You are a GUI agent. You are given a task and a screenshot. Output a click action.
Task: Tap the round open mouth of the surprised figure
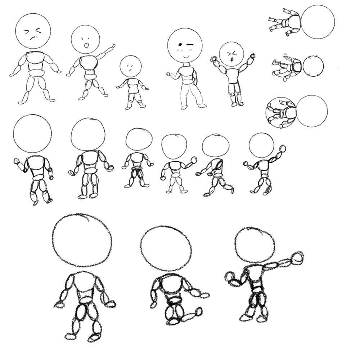(x=86, y=45)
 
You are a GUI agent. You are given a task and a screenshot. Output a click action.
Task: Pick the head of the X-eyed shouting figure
(x=231, y=54)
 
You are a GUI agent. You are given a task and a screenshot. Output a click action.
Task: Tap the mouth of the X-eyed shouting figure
(x=232, y=59)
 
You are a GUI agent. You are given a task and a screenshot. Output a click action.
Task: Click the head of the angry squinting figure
(x=33, y=31)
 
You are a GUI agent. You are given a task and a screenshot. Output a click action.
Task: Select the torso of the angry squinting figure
(x=36, y=61)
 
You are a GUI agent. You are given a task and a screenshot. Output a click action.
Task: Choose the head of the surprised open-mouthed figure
(x=85, y=39)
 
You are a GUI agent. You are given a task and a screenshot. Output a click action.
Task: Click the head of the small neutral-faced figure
(x=130, y=66)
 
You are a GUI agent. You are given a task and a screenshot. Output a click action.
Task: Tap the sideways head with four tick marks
(x=313, y=66)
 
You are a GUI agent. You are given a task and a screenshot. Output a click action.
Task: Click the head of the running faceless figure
(x=216, y=145)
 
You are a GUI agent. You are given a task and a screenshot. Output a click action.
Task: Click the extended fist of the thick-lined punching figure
(x=297, y=258)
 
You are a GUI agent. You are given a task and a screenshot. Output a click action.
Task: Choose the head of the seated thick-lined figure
(x=166, y=248)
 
